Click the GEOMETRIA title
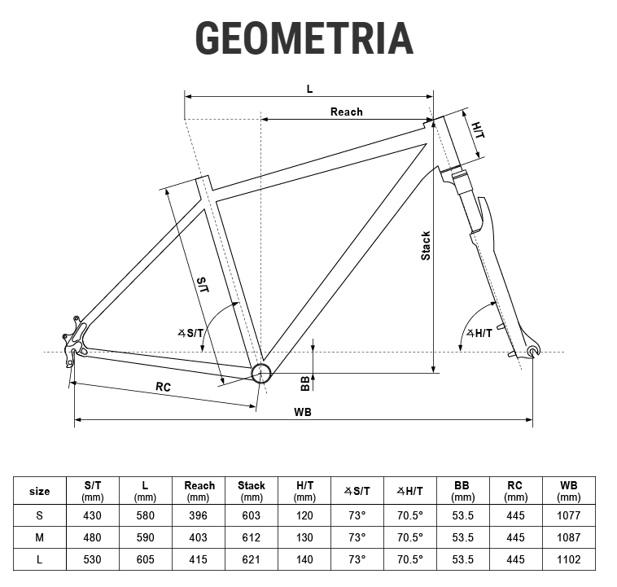[x=304, y=37]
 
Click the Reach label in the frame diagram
[x=346, y=112]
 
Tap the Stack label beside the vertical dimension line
[x=426, y=246]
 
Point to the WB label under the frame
[x=303, y=412]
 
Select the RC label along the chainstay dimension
[x=164, y=387]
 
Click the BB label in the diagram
[x=305, y=383]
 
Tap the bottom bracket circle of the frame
[x=261, y=373]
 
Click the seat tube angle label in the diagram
[x=190, y=334]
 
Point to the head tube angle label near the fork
[x=479, y=334]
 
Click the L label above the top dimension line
[x=309, y=89]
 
